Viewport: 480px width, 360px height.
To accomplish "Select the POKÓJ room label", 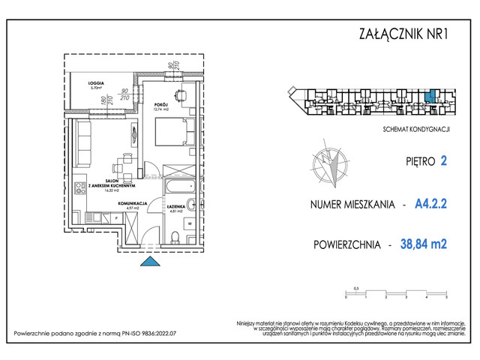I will [160, 105].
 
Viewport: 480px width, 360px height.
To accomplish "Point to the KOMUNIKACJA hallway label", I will [131, 202].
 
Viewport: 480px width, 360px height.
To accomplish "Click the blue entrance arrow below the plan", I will [149, 261].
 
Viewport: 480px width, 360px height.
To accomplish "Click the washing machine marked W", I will [190, 223].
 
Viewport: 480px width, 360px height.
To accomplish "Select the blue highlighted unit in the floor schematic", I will [429, 97].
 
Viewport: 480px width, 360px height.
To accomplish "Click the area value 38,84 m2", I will [430, 244].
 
